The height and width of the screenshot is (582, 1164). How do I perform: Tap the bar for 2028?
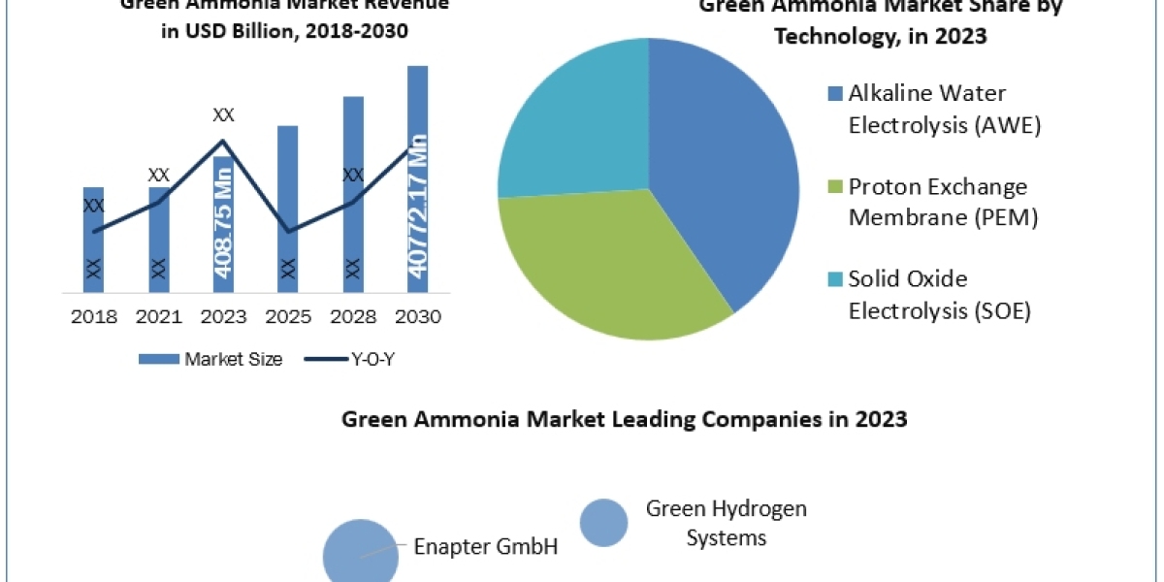(353, 193)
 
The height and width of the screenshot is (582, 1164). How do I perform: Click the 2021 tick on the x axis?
(159, 317)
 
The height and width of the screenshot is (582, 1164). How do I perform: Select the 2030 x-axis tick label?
(418, 317)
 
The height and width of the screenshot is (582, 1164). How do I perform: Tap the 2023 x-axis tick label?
(223, 317)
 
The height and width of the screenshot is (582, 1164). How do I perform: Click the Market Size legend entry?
(210, 359)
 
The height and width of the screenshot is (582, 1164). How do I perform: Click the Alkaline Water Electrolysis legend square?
(834, 94)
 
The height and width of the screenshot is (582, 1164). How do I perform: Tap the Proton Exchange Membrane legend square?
(834, 186)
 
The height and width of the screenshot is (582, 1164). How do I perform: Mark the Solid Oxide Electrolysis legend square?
(834, 279)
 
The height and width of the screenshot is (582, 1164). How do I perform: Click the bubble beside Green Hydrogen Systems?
(603, 523)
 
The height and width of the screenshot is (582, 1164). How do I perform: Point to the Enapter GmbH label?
(486, 546)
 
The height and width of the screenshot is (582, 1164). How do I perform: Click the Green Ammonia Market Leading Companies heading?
(625, 420)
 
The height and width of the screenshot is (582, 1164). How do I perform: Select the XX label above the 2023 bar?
(223, 115)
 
